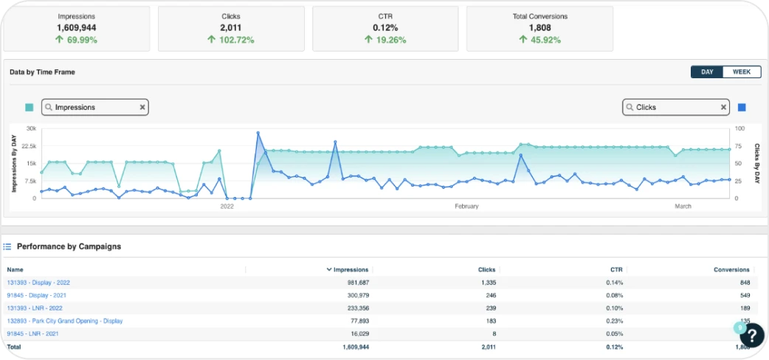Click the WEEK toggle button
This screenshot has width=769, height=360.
click(741, 72)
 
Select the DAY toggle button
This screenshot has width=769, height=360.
click(707, 72)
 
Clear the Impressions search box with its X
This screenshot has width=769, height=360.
click(142, 107)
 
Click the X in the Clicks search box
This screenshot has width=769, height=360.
click(723, 107)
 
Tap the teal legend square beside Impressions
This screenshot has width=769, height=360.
click(29, 107)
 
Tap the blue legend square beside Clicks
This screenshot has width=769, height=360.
click(742, 107)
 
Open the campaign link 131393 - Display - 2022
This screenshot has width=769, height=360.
click(38, 283)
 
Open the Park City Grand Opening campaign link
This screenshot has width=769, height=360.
click(64, 321)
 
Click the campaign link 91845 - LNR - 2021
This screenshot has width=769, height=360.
click(32, 333)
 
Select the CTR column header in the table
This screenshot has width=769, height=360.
click(616, 269)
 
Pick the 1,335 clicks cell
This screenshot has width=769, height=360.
click(488, 283)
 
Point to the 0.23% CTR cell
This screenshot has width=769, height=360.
click(615, 321)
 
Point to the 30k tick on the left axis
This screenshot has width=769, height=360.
click(30, 128)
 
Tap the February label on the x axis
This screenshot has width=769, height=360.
click(466, 207)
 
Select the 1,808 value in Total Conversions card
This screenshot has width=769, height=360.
click(539, 28)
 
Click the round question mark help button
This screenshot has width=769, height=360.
click(752, 335)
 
